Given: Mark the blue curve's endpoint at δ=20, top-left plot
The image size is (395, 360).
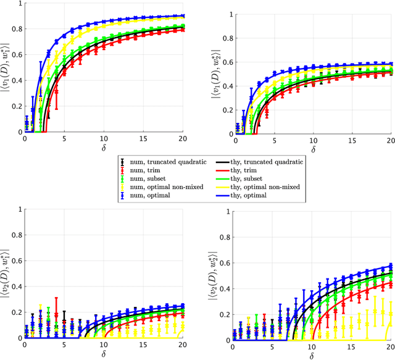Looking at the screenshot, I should [x=183, y=15].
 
